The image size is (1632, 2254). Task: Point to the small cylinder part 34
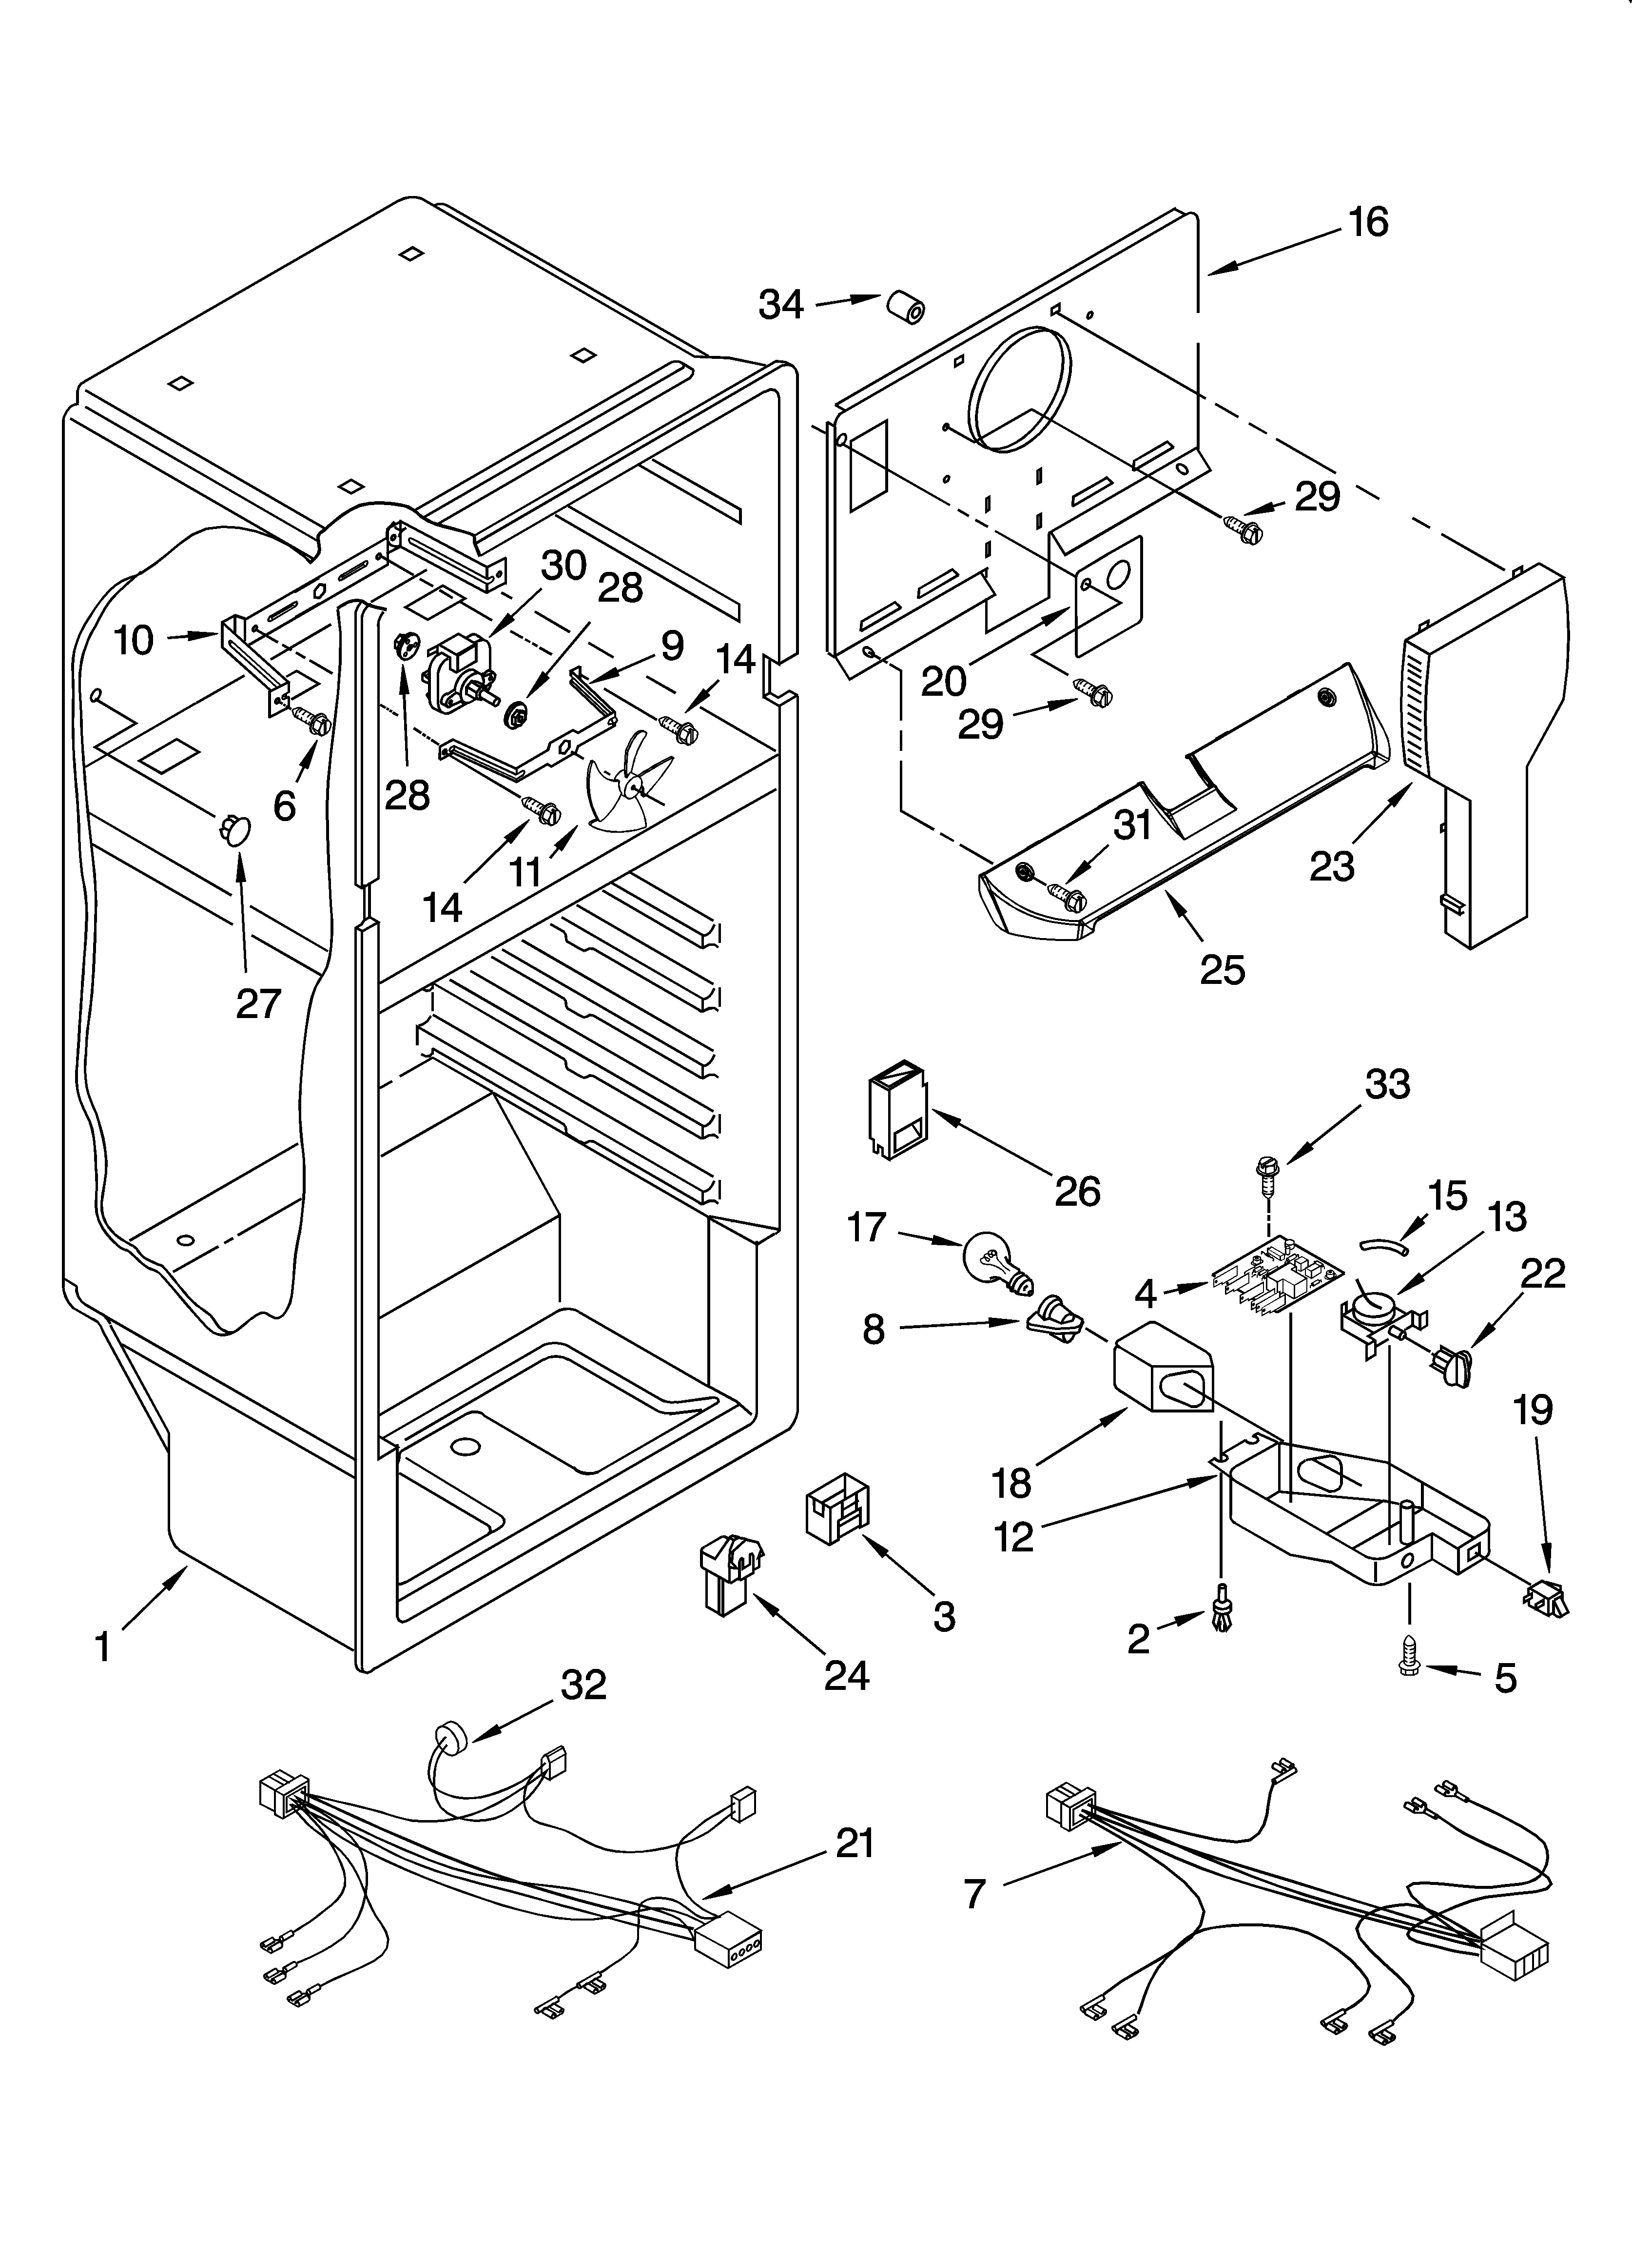click(x=904, y=307)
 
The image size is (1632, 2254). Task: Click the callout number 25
click(x=1222, y=969)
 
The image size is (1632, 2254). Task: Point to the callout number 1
click(x=102, y=1647)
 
